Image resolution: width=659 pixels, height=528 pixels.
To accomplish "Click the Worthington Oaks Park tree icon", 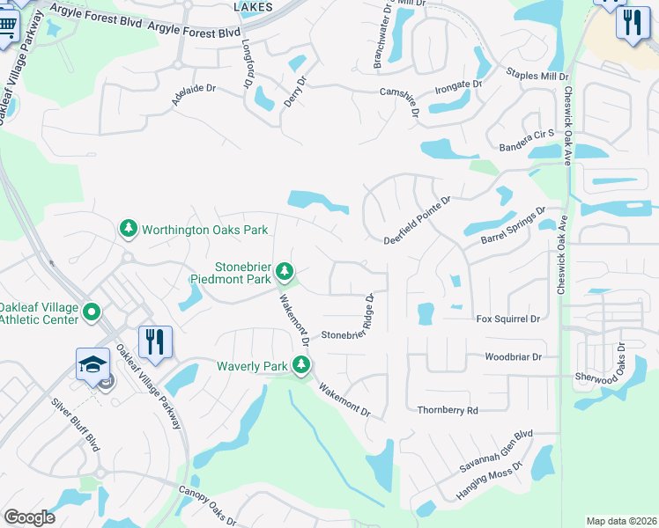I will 129,230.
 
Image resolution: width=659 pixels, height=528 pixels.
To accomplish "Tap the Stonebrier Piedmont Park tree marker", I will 284,270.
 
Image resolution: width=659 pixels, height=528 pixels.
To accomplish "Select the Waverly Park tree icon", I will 301,365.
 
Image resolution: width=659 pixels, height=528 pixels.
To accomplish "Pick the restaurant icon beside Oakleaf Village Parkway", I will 155,341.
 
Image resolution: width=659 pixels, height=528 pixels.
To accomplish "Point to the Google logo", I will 29,517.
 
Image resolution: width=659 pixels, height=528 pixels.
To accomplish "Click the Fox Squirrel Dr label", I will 507,319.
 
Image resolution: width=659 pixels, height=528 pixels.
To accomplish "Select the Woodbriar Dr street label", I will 513,357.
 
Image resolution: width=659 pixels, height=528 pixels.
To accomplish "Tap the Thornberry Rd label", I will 448,410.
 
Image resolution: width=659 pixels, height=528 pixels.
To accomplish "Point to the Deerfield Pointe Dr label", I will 418,220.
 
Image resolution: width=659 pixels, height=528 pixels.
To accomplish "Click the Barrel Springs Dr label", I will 514,227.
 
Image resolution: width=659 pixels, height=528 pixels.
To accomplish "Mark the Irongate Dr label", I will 460,84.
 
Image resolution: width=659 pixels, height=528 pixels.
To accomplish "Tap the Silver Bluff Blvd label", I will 76,424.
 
